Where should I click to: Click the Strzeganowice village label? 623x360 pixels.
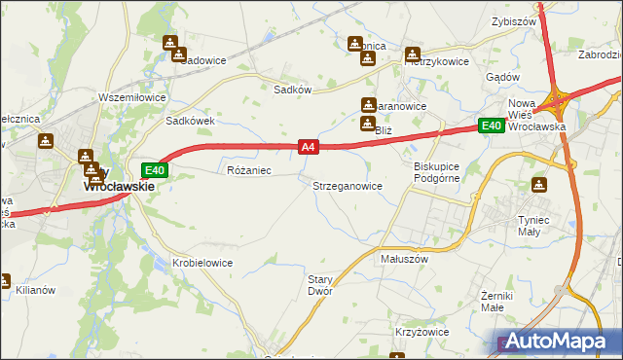point(347,185)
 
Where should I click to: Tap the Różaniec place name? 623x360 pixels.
point(248,170)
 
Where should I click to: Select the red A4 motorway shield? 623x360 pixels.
point(308,147)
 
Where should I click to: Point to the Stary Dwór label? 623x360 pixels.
point(320,284)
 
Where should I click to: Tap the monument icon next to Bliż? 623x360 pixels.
point(368,124)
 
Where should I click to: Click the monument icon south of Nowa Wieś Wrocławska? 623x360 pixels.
point(539,185)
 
